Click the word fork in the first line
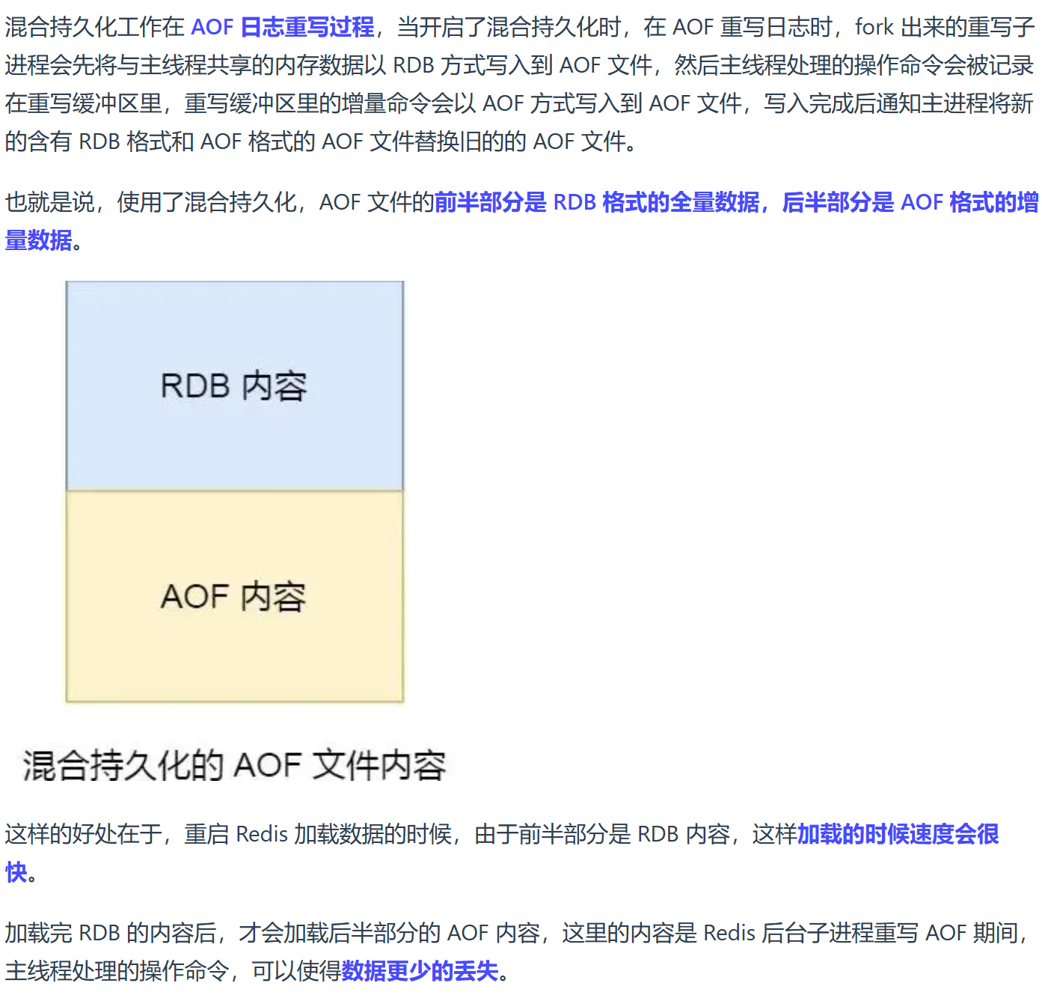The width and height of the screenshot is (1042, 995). [874, 27]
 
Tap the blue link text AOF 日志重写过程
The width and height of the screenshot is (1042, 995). [283, 27]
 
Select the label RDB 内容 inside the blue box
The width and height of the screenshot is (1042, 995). [233, 386]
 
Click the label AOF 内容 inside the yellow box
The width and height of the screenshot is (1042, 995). [233, 596]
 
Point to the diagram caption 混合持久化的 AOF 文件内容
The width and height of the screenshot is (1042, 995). [234, 765]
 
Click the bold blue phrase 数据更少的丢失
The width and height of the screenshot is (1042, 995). [420, 970]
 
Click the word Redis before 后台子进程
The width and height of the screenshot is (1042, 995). [729, 932]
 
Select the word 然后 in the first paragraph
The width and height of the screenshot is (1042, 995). [696, 65]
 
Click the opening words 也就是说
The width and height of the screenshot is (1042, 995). [50, 202]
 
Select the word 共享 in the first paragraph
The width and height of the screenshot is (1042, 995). [229, 65]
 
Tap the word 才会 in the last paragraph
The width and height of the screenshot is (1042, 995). [261, 932]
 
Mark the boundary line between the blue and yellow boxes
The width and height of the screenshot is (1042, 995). [234, 490]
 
